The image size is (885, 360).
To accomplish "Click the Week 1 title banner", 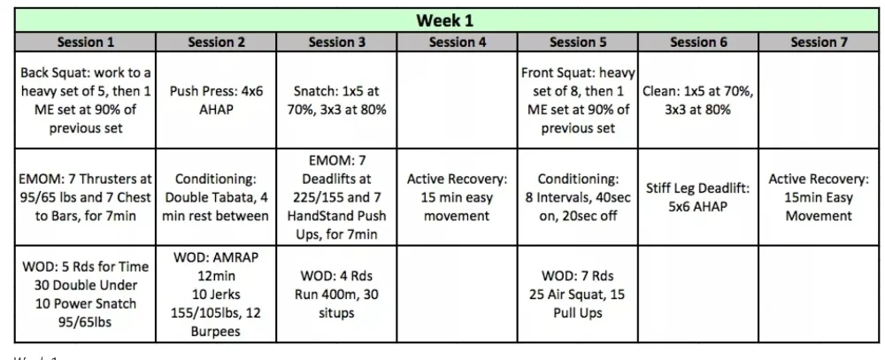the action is click(x=445, y=20).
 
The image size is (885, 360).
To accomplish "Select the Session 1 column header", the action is click(x=85, y=42).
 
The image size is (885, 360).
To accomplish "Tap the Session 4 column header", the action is click(x=458, y=42).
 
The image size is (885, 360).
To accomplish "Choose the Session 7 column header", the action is click(x=819, y=42).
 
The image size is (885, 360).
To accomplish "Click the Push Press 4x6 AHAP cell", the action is click(x=216, y=101).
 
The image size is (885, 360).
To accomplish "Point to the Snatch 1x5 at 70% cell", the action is click(x=337, y=101).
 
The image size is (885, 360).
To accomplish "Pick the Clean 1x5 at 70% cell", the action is click(x=698, y=101).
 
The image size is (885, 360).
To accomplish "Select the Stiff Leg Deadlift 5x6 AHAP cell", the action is click(x=698, y=197).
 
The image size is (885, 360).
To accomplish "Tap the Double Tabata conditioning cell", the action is click(x=216, y=197).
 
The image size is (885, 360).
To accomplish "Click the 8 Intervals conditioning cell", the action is click(x=578, y=197).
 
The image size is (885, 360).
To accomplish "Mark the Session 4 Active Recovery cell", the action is click(x=458, y=197).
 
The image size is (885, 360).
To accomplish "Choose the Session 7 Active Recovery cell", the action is click(x=819, y=197).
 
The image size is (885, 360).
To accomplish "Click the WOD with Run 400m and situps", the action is click(x=337, y=294).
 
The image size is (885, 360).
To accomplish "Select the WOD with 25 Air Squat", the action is click(x=578, y=294).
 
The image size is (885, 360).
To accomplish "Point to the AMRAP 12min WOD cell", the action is click(x=216, y=294).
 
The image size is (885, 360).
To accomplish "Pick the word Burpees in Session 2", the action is click(x=216, y=331).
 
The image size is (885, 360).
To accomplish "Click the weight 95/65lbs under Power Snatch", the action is click(x=85, y=322).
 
